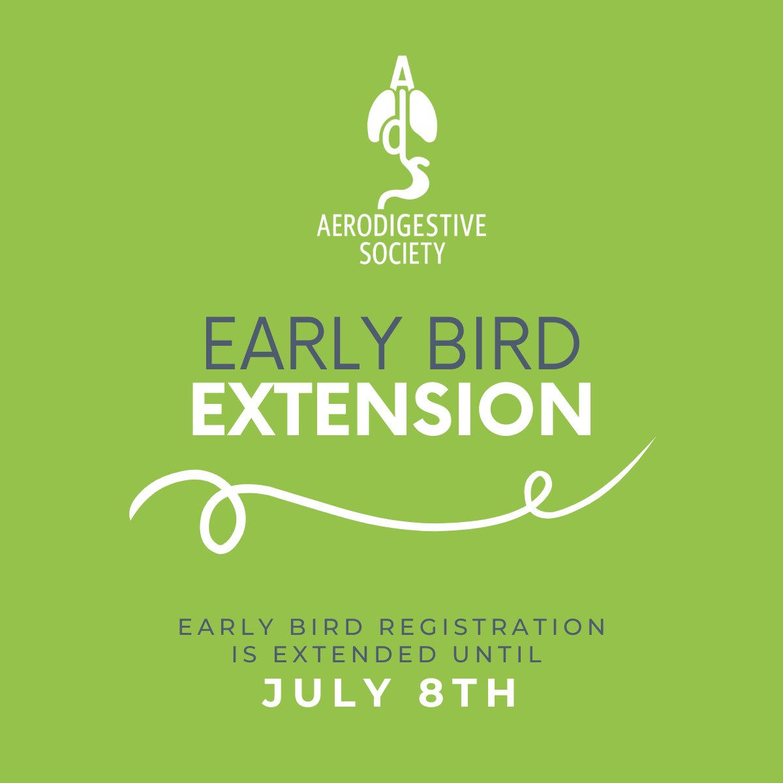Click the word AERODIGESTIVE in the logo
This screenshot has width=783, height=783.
coord(401,226)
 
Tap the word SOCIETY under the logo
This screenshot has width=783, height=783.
coord(402,253)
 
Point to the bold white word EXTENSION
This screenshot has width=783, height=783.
coord(391,409)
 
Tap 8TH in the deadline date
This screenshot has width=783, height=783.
coord(467,694)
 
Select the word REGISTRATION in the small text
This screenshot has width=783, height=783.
coord(493,628)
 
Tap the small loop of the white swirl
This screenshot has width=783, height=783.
coord(539,487)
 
